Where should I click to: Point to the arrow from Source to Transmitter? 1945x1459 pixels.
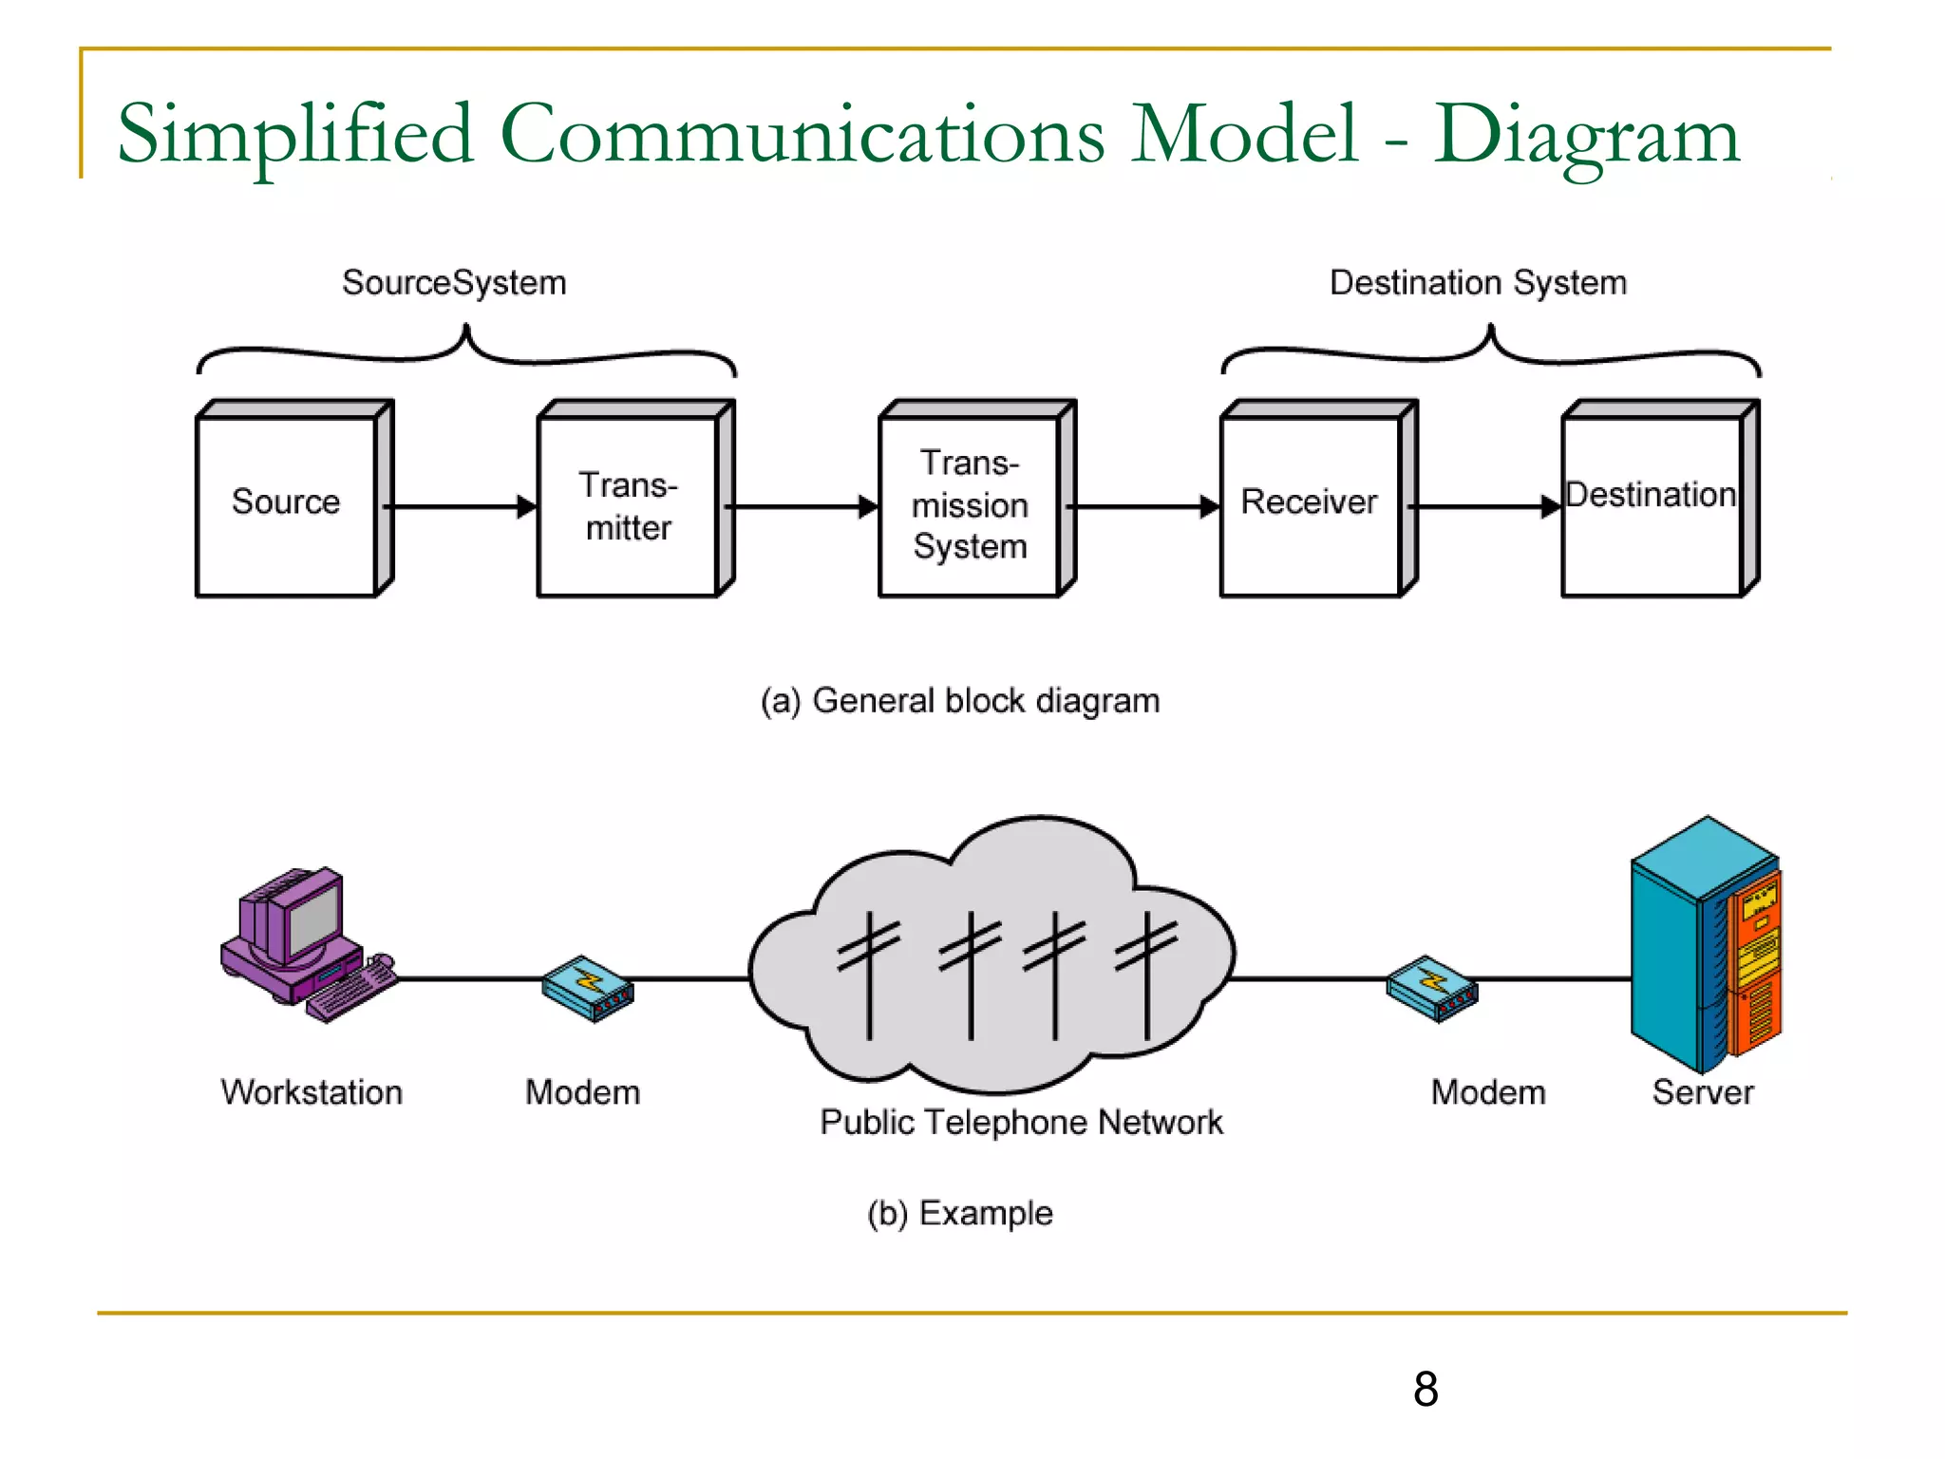click(461, 507)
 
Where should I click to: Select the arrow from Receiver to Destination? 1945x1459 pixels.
click(1485, 507)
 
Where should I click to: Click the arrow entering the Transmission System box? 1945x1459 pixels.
click(803, 507)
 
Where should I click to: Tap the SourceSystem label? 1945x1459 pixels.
click(454, 283)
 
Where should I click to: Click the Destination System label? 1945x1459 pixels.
click(1478, 283)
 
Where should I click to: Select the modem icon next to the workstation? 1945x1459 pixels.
click(588, 989)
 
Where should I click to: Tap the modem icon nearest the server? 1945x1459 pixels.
click(1432, 989)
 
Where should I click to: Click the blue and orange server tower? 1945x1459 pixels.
click(1705, 944)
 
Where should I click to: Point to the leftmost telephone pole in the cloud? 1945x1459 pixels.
click(869, 974)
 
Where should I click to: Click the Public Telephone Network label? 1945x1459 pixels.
click(1021, 1123)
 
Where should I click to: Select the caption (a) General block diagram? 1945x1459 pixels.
click(959, 701)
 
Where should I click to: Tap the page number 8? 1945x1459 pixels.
click(1426, 1390)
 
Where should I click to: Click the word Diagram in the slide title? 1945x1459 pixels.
click(1586, 136)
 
